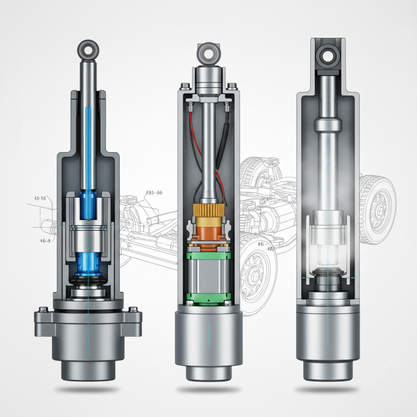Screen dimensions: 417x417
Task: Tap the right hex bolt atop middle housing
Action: click(x=229, y=107)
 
